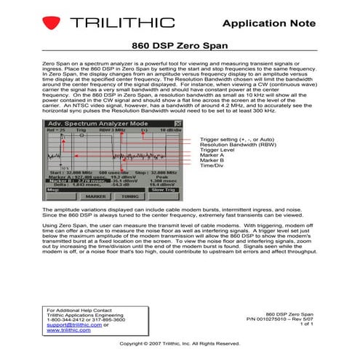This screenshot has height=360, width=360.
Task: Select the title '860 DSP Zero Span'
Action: pyautogui.click(x=179, y=45)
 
